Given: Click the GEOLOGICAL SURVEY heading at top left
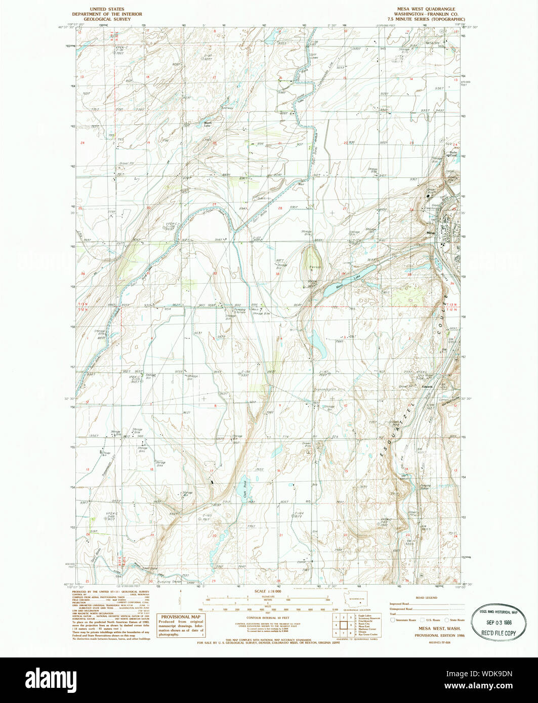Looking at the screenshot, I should [x=107, y=19].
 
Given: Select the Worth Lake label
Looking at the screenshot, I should [x=207, y=124].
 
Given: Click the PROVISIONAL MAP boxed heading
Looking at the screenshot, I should [x=181, y=617].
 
